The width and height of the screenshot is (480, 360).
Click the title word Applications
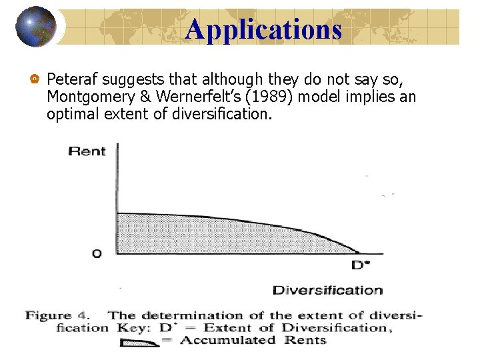tap(263, 30)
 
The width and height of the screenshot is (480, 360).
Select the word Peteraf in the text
tap(71, 80)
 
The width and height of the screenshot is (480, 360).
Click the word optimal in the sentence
tap(70, 115)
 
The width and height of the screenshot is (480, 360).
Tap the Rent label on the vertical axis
tap(87, 151)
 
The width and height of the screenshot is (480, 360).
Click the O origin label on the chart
tap(97, 253)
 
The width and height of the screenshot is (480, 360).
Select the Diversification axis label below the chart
tap(327, 290)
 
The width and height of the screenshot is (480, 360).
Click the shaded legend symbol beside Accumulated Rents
tap(139, 342)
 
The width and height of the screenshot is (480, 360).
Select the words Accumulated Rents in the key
tap(253, 340)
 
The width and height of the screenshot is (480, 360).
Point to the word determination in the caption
tap(205, 315)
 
